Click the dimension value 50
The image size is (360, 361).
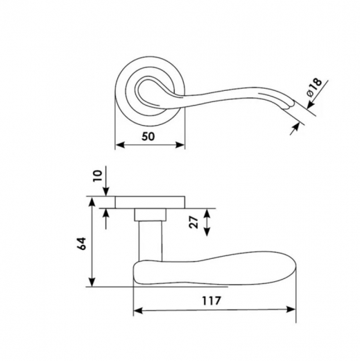point(148,137)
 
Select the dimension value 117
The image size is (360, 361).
point(212,301)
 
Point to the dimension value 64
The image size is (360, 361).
point(82,244)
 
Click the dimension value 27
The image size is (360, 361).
point(194,223)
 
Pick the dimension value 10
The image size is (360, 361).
point(98,176)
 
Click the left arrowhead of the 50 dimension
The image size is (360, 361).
point(120,145)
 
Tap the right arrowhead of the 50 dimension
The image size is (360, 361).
point(180,145)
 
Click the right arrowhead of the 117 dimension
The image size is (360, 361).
point(291,309)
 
